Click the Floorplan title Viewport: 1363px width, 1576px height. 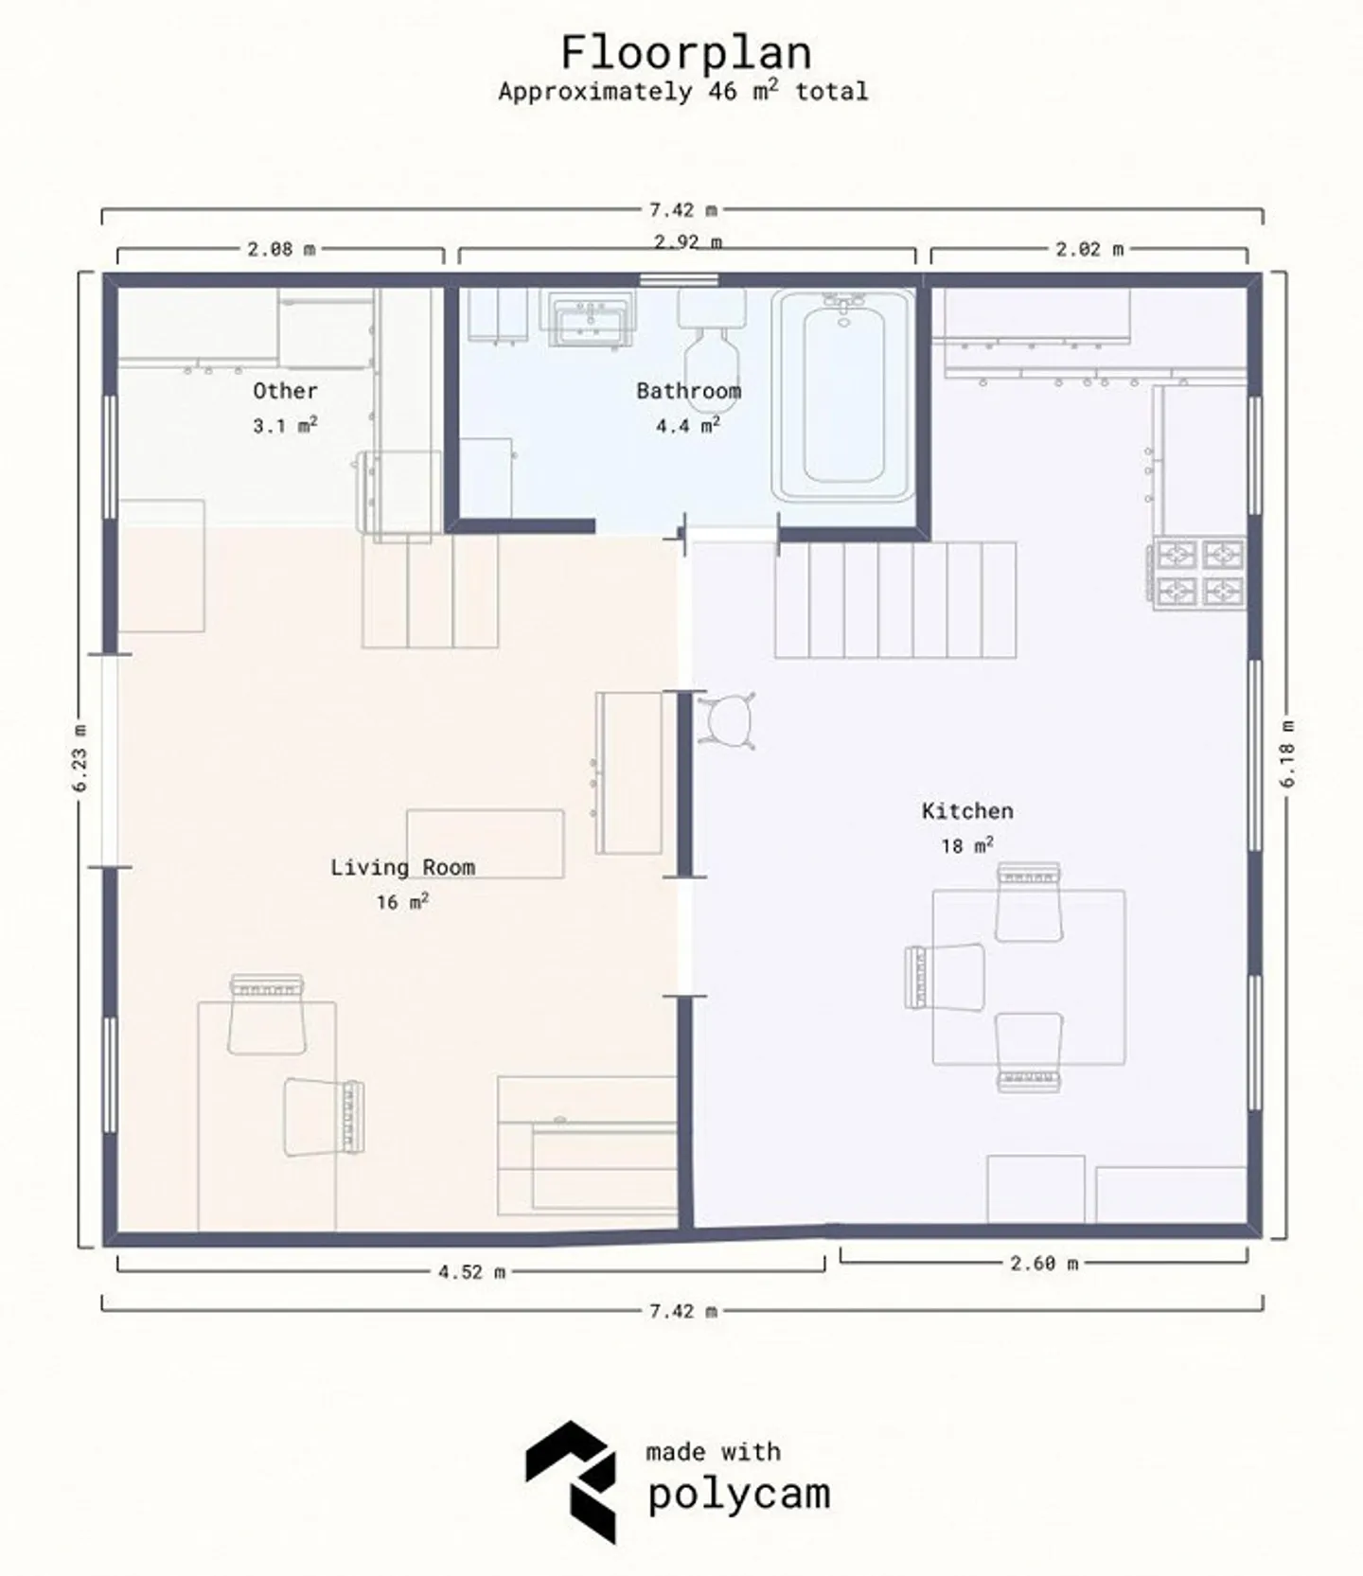[x=685, y=52]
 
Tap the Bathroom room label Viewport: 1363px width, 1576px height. [x=688, y=391]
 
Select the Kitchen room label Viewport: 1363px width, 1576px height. [x=966, y=811]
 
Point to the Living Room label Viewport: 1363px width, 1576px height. [x=402, y=867]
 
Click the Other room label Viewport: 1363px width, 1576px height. [x=285, y=391]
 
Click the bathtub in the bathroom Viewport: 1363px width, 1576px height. [x=843, y=396]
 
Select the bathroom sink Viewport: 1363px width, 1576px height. [x=588, y=320]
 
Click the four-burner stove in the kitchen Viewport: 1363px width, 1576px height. [x=1199, y=573]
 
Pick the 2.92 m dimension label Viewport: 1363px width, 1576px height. [x=688, y=242]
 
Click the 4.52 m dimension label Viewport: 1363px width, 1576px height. [x=471, y=1272]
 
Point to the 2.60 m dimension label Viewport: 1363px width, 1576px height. [x=1044, y=1263]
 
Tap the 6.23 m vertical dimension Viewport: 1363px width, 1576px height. [x=80, y=757]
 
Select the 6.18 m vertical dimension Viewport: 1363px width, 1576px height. [x=1287, y=753]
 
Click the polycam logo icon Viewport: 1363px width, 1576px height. [x=573, y=1481]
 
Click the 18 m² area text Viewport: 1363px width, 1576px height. [x=966, y=845]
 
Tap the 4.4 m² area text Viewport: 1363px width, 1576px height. [x=688, y=426]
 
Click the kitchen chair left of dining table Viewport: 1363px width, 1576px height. [x=947, y=977]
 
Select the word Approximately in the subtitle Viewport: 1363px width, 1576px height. [x=594, y=92]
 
